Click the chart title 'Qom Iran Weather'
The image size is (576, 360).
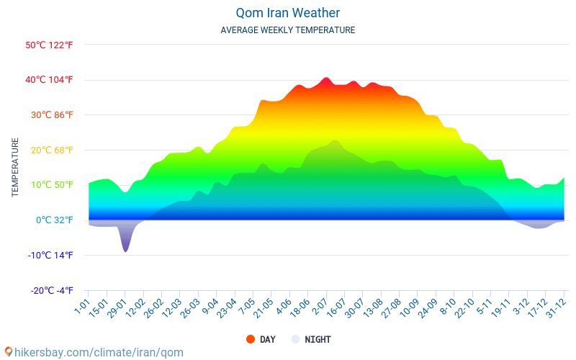(287, 13)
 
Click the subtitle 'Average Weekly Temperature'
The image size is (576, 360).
(287, 30)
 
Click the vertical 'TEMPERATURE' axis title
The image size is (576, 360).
(15, 168)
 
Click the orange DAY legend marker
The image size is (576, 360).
(251, 339)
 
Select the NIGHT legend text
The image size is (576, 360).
(318, 339)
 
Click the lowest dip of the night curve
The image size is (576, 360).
(125, 251)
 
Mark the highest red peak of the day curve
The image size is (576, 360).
(325, 78)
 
